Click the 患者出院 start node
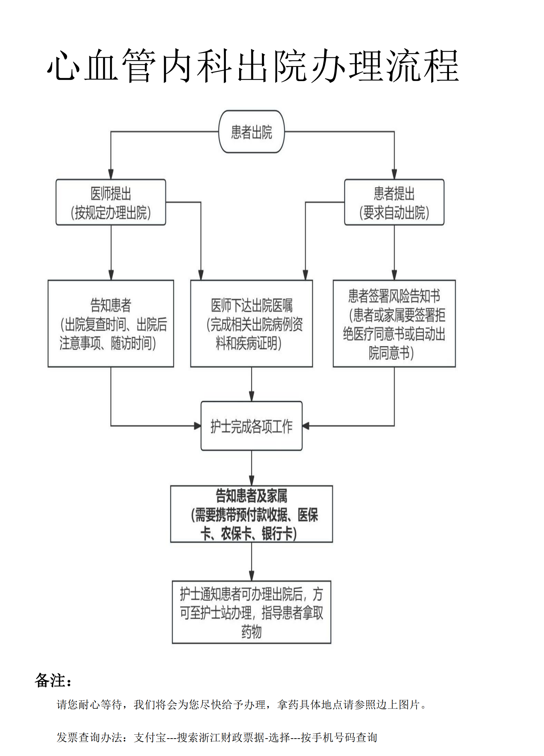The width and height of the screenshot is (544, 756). (x=251, y=132)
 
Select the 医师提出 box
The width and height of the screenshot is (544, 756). (x=111, y=202)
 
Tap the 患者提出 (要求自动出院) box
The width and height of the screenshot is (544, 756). (x=394, y=202)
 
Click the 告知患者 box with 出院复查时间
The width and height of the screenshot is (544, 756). (x=111, y=323)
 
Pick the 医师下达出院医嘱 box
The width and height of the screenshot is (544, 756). (x=251, y=323)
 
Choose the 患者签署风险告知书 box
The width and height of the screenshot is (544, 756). (x=394, y=323)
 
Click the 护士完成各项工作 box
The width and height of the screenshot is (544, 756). (x=251, y=426)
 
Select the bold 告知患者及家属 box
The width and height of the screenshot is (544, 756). (x=251, y=514)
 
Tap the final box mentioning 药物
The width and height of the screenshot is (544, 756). (x=251, y=612)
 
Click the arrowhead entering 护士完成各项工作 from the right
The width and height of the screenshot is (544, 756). (x=306, y=426)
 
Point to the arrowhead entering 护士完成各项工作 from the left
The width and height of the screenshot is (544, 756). (x=198, y=426)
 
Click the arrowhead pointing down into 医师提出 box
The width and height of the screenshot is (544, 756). (x=111, y=175)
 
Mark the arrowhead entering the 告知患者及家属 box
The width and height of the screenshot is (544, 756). (x=251, y=481)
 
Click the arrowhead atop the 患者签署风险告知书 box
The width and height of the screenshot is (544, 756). (x=394, y=276)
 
